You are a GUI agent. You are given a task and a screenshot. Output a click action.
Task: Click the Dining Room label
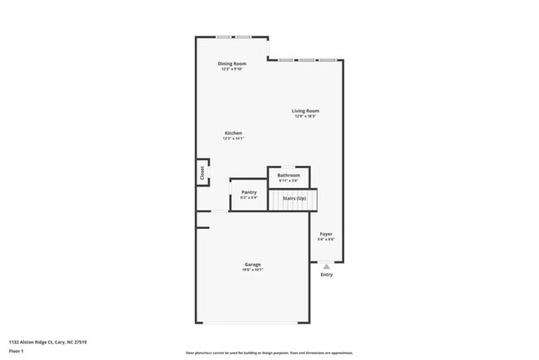(x=232, y=64)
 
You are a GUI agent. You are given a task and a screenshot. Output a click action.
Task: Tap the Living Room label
(x=305, y=110)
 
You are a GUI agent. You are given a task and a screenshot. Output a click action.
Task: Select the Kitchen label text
(x=233, y=133)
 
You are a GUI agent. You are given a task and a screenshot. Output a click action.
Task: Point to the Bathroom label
(x=289, y=175)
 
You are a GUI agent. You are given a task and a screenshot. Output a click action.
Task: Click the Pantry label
(x=249, y=192)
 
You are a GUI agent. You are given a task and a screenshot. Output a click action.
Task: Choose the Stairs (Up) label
(x=294, y=199)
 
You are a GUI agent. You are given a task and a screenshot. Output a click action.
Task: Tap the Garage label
(x=252, y=265)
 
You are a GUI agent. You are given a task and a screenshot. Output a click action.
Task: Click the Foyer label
(x=326, y=234)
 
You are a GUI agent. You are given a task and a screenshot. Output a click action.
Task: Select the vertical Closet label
(x=202, y=173)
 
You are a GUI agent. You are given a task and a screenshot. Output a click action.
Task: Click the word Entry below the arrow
(x=326, y=275)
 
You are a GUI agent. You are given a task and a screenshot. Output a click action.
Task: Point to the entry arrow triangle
(x=326, y=266)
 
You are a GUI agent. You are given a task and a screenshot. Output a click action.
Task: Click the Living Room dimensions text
(x=305, y=116)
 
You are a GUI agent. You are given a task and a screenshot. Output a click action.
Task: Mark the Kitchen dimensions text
(x=233, y=139)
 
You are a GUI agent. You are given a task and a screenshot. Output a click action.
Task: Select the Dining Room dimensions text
(x=232, y=70)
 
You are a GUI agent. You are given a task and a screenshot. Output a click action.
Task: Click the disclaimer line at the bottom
(x=269, y=353)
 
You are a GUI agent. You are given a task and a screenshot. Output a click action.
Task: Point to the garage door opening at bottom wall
(x=252, y=323)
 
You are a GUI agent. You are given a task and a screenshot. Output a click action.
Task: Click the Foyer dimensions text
(x=326, y=240)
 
